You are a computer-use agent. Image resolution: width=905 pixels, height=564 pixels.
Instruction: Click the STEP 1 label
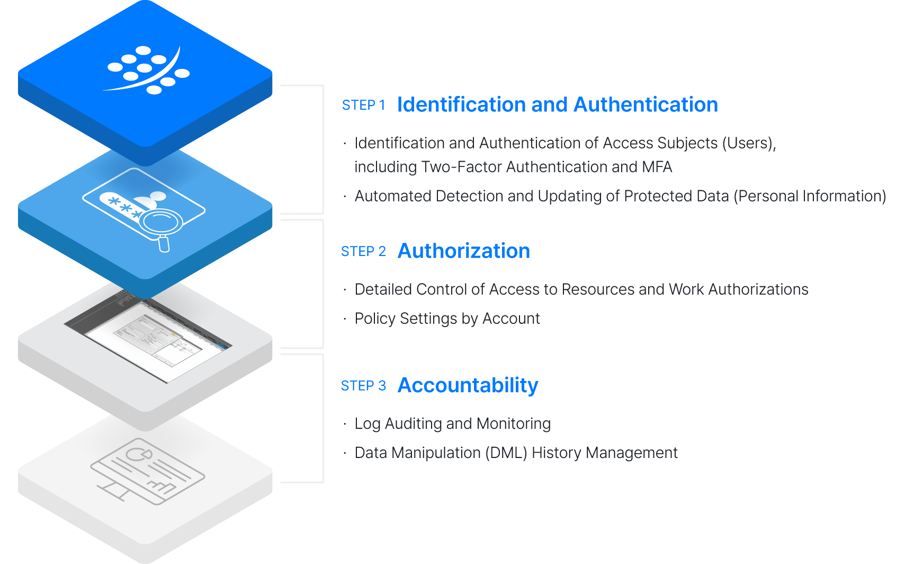coord(363,105)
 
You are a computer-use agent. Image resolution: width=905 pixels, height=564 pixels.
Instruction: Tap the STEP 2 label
coord(363,251)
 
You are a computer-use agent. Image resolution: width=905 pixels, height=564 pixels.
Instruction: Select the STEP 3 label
coord(363,386)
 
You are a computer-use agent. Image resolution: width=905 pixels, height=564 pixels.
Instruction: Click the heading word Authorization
coord(463,251)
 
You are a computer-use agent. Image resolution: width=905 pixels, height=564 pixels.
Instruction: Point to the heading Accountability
coord(468,386)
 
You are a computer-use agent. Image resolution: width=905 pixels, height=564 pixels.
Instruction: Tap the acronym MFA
coord(657,167)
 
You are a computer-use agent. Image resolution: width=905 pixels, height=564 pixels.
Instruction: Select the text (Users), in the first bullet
coord(749,143)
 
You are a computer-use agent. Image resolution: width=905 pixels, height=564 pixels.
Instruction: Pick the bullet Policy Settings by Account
coord(447,319)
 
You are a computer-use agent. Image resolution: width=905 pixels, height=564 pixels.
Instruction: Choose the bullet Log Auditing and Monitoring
coord(452,424)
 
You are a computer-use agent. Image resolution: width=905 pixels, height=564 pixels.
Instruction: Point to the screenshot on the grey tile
coord(149,339)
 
